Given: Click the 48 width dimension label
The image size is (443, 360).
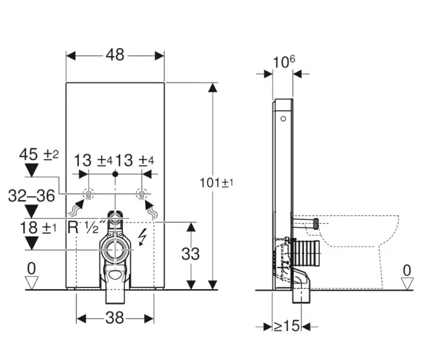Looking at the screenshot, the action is click(115, 55).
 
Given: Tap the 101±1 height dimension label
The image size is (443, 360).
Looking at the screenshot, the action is click(217, 183).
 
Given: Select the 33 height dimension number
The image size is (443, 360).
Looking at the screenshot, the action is click(190, 254).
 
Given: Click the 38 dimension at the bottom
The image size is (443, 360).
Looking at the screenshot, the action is click(115, 318).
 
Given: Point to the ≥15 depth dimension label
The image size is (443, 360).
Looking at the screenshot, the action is click(286, 326).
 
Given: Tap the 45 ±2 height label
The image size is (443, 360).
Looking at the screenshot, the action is click(39, 155).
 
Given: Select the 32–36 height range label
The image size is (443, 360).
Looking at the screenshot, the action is click(31, 195).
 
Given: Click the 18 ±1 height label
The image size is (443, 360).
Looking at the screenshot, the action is click(38, 227).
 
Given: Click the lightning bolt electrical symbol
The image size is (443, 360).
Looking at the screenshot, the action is click(143, 238).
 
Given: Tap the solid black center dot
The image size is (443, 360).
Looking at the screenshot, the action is click(115, 174).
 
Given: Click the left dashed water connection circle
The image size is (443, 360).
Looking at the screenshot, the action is click(89, 194).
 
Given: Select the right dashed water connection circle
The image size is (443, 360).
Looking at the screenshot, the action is click(142, 194).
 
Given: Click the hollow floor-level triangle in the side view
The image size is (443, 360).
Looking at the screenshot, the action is click(407, 283).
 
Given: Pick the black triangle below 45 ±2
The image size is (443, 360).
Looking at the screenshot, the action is click(31, 170).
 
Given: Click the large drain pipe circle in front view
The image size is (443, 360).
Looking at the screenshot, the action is click(115, 250).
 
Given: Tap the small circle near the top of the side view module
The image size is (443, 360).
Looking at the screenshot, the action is click(284, 119).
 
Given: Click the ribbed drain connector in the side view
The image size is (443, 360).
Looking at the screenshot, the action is click(306, 254).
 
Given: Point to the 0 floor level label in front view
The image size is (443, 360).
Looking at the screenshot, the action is click(31, 269).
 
